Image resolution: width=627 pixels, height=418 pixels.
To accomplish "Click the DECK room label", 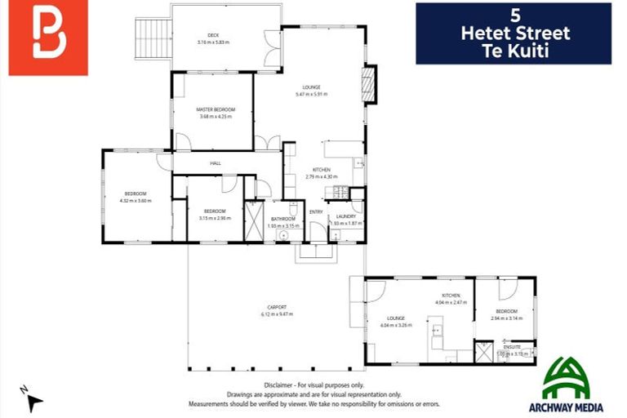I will (x=213, y=35).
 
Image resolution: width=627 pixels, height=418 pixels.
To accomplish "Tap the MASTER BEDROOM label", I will (x=216, y=109).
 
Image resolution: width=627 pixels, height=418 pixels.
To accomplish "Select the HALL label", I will (x=216, y=163).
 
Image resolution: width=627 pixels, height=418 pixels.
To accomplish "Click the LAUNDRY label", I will (x=346, y=216).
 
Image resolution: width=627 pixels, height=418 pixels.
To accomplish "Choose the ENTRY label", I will (x=316, y=212).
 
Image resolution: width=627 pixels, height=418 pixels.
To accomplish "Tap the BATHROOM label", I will (x=283, y=219).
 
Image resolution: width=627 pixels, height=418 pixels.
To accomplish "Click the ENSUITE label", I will (x=512, y=347).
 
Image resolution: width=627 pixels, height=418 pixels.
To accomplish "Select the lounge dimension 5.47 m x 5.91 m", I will (x=311, y=95).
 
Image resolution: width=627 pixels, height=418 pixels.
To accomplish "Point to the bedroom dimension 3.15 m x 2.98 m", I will (x=215, y=218).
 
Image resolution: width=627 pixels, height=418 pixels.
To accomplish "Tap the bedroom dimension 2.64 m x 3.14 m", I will (x=506, y=318).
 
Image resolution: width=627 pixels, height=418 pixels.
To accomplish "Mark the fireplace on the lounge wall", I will (x=371, y=84).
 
